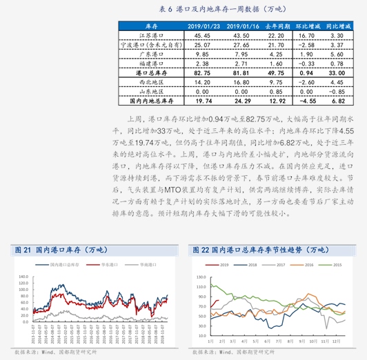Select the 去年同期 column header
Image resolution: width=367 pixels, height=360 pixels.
tap(276, 26)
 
